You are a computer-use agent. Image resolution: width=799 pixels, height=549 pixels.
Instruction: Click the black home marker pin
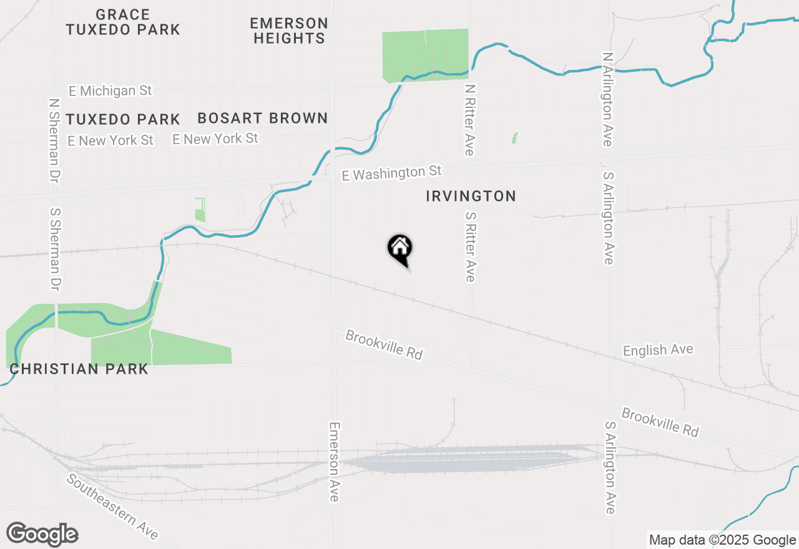pyautogui.click(x=400, y=249)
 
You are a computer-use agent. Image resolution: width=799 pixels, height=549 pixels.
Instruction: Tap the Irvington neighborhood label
pyautogui.click(x=471, y=197)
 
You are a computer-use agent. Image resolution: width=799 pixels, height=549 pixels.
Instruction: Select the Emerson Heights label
pyautogui.click(x=288, y=31)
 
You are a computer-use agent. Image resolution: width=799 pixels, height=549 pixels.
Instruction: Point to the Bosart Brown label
pyautogui.click(x=262, y=118)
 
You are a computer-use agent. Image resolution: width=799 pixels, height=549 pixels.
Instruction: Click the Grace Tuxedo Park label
pyautogui.click(x=123, y=22)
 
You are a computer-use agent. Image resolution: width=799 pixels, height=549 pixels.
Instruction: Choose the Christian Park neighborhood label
pyautogui.click(x=79, y=369)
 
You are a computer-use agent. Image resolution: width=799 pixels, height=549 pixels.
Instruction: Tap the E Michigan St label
pyautogui.click(x=110, y=91)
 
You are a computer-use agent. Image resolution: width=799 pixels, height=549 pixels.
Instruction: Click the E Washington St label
pyautogui.click(x=391, y=173)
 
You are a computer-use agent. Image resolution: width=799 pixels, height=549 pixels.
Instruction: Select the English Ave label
pyautogui.click(x=658, y=350)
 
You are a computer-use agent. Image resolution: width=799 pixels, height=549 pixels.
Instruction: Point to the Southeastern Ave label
pyautogui.click(x=112, y=507)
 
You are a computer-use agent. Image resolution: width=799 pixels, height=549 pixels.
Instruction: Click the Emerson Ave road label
pyautogui.click(x=335, y=461)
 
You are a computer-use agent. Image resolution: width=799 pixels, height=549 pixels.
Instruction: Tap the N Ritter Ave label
pyautogui.click(x=470, y=120)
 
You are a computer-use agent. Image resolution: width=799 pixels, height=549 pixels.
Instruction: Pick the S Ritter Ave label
pyautogui.click(x=470, y=246)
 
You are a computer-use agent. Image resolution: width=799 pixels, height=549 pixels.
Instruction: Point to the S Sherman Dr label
pyautogui.click(x=56, y=250)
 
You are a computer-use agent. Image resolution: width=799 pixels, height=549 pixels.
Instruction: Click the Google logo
pyautogui.click(x=42, y=534)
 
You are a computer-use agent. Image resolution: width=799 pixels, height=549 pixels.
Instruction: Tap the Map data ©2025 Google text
pyautogui.click(x=722, y=540)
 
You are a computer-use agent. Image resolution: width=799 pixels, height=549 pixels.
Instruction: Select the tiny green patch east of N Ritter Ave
pyautogui.click(x=514, y=137)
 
